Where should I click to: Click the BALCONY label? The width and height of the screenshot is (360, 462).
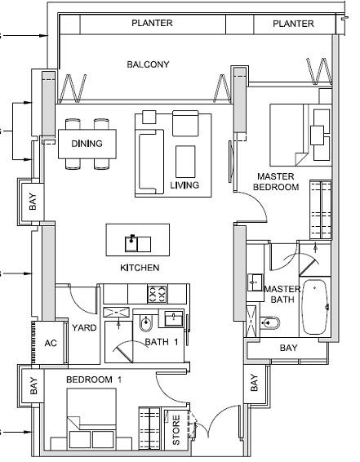point(148,64)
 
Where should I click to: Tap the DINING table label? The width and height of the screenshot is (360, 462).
point(87,144)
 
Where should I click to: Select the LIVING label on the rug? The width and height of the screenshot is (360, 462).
point(184,185)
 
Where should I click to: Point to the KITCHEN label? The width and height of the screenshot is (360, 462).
point(140,268)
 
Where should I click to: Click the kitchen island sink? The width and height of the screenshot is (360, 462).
point(138,244)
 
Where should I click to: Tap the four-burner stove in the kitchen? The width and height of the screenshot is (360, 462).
point(157,294)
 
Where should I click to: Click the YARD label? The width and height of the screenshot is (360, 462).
point(84,327)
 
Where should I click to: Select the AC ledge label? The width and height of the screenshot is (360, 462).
point(51,343)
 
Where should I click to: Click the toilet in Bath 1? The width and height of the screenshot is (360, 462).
point(145,323)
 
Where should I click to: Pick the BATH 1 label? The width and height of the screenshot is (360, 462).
point(162,342)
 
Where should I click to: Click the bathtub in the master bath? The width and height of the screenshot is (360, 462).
point(314,307)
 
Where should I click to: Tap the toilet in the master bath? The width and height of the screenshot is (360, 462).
point(270,323)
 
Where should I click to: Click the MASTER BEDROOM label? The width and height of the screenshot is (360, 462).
point(276,182)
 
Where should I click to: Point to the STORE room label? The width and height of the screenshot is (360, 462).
point(176,430)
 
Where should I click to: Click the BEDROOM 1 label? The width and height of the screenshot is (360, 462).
point(94,380)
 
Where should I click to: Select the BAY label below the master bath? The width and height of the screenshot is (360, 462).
point(288,348)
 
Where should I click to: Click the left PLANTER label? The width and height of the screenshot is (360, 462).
point(152,23)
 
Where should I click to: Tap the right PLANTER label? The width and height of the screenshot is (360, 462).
point(293,24)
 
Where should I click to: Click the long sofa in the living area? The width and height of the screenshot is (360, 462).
point(151,162)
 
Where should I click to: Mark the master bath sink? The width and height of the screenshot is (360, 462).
point(256,282)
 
